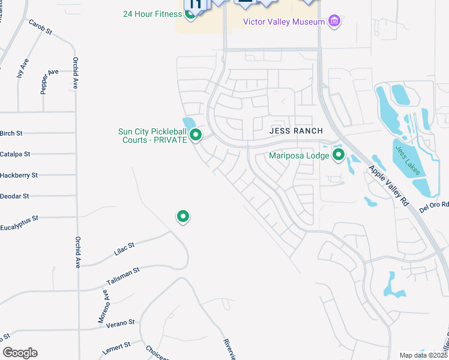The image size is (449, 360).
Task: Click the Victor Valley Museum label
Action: tap(283, 22)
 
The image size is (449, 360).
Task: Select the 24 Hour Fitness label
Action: tap(152, 14)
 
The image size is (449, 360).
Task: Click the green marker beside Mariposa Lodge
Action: tap(339, 156)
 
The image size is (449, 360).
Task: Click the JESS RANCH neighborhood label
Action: tap(296, 131)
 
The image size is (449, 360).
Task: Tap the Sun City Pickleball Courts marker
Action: tap(195, 135)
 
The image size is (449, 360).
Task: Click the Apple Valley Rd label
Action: tap(389, 186)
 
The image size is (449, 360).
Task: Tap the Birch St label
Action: tap(11, 133)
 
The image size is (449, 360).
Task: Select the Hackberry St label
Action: tap(19, 175)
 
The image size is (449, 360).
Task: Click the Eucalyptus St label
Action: tap(19, 218)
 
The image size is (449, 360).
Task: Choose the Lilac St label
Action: tap(124, 249)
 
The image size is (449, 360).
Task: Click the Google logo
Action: tap(20, 353)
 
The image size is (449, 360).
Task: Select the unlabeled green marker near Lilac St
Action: tap(183, 216)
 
